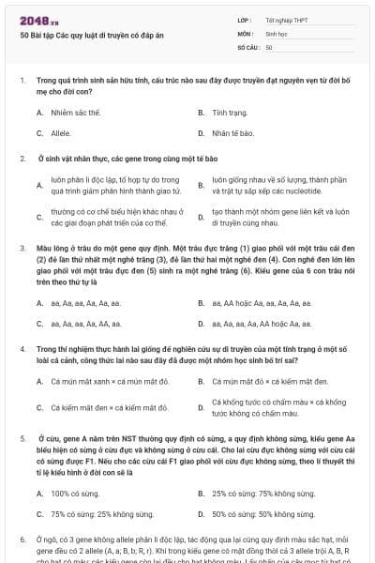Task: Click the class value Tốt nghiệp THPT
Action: pos(285,19)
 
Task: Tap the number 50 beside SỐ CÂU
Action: pos(269,47)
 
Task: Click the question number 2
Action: pos(22,158)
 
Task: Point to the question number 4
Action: pos(22,348)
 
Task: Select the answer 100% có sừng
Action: pos(72,493)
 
